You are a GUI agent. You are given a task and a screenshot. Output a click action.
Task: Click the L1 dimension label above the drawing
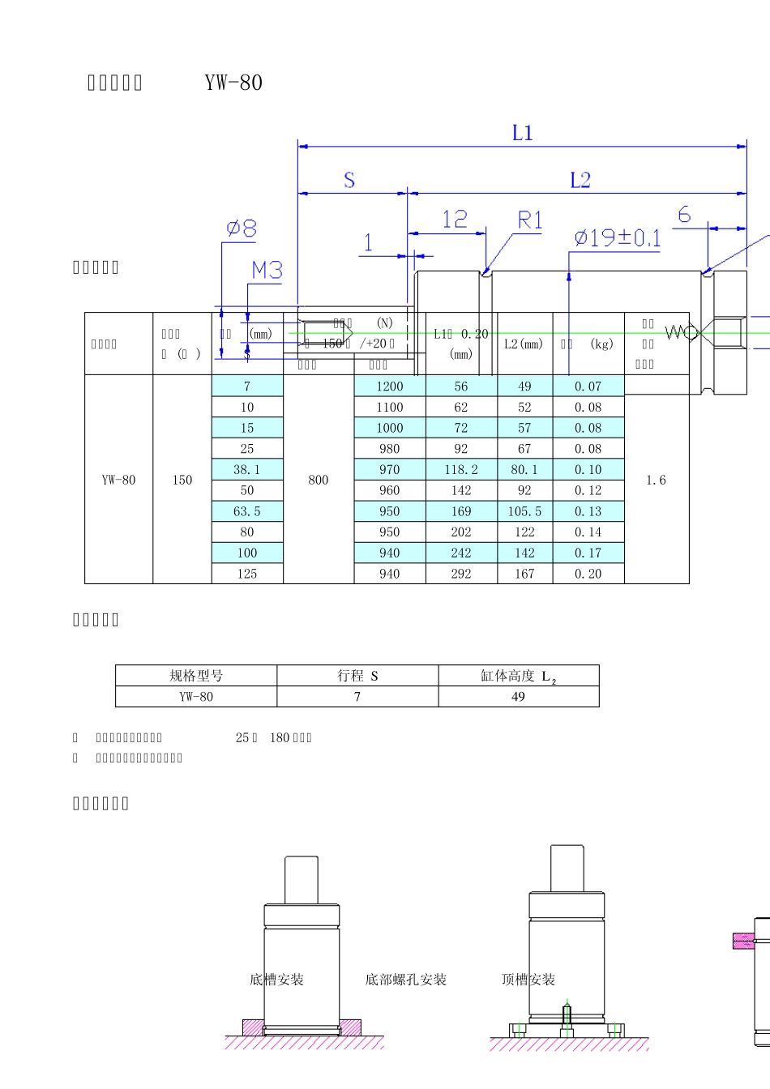523,133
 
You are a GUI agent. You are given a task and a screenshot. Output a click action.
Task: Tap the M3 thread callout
267,270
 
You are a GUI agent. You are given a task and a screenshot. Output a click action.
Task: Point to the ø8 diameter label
241,229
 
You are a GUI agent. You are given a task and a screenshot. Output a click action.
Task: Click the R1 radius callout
530,220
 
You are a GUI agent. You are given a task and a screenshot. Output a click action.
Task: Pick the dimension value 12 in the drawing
455,219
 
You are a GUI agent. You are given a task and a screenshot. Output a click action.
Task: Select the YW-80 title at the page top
233,83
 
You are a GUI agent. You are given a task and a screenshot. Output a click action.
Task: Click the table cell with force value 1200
389,386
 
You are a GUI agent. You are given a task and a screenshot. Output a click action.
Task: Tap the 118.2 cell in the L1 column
460,470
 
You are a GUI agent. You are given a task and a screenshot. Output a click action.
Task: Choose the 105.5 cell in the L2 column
524,511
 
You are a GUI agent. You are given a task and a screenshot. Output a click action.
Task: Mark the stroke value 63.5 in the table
247,511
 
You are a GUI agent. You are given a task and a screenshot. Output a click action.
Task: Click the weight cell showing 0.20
588,574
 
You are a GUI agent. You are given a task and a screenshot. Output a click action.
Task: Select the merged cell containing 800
319,480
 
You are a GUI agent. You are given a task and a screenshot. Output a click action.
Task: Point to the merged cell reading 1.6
656,480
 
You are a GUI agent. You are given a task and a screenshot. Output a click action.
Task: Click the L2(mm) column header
524,344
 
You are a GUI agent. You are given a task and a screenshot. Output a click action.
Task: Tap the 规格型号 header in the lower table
196,676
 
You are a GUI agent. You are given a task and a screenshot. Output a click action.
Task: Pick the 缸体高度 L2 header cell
519,676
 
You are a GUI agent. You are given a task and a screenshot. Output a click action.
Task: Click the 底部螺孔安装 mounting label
405,980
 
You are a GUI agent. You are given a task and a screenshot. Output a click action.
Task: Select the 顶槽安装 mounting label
528,980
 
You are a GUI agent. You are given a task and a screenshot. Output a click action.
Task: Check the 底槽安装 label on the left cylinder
276,980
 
